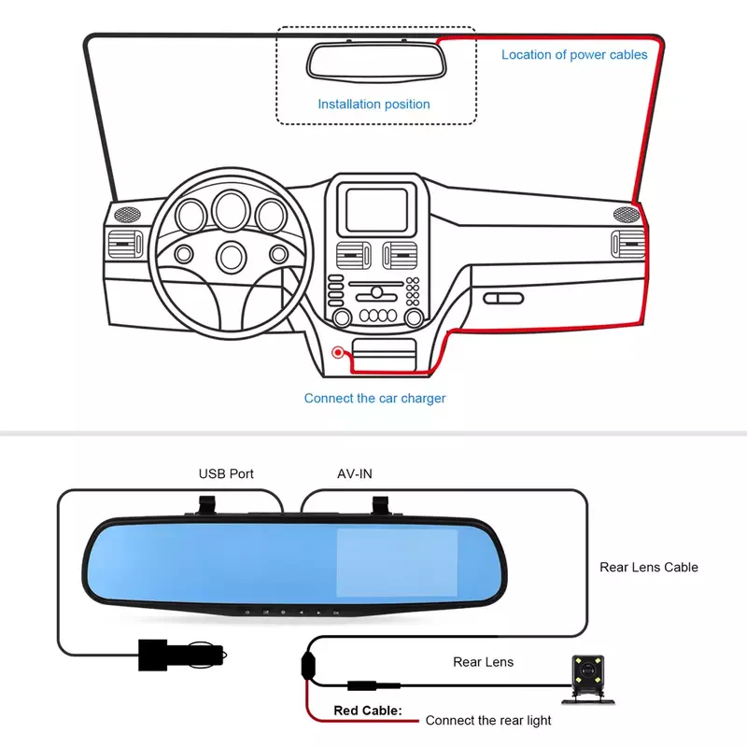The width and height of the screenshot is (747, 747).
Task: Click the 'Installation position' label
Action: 374,104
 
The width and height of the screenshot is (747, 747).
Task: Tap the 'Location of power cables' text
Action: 574,55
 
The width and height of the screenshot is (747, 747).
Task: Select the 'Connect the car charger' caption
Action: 375,399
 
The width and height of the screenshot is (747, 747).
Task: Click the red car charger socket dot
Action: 338,353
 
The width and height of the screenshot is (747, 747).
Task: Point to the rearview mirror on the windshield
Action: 376,61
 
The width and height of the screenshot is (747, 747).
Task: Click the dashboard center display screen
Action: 376,210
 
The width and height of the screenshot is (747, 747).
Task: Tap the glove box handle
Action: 503,299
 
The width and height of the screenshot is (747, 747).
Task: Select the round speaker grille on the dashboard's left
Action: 127,215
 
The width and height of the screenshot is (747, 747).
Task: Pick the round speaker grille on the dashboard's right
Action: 626,215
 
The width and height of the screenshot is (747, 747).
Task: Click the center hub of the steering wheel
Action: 231,258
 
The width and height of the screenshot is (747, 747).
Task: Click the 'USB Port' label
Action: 226,474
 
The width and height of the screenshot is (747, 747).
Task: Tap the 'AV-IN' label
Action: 355,474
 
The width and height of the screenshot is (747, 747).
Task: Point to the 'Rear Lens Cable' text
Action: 649,568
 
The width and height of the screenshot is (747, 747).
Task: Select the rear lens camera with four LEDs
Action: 588,679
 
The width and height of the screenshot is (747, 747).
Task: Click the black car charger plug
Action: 181,655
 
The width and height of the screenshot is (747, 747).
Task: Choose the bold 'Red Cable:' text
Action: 368,711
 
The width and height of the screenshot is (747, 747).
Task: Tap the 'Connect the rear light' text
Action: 488,720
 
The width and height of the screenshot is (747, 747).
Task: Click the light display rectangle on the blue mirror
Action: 398,563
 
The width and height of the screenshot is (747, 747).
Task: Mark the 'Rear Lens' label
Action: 483,662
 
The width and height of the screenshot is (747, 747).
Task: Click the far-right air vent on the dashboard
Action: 627,244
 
